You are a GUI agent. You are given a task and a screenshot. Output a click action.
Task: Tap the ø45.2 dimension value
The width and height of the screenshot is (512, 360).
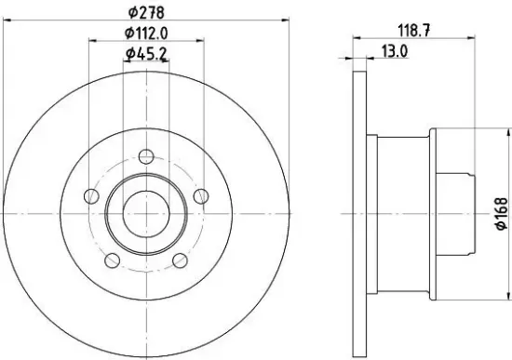point(146,54)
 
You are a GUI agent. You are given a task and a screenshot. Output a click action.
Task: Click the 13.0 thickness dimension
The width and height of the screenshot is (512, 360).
point(395,52)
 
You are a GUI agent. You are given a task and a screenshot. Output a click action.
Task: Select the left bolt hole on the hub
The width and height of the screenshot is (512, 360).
point(91,196)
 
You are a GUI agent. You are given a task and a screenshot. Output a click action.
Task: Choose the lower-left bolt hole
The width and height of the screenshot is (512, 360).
point(112,260)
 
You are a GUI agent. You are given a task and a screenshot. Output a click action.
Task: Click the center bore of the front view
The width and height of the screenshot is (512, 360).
point(145,214)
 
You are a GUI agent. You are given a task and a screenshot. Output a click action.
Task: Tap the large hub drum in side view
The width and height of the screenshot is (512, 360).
point(404,214)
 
